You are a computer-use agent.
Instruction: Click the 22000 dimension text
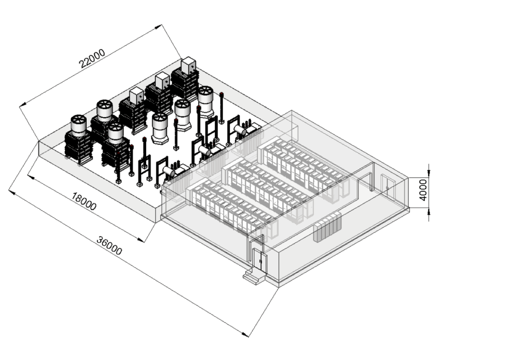tap(92, 58)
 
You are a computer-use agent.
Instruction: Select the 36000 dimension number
tap(109, 246)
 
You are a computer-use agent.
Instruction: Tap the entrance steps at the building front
tap(253, 277)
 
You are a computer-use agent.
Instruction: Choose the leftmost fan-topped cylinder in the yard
tap(78, 126)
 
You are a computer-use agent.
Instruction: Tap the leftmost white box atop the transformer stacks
tap(137, 95)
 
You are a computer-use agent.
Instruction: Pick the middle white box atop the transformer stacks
tap(163, 80)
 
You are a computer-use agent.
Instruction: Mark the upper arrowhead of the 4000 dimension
tap(429, 167)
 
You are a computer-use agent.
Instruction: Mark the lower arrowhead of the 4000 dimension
tap(429, 217)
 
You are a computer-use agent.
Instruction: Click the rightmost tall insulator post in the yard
tap(222, 107)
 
